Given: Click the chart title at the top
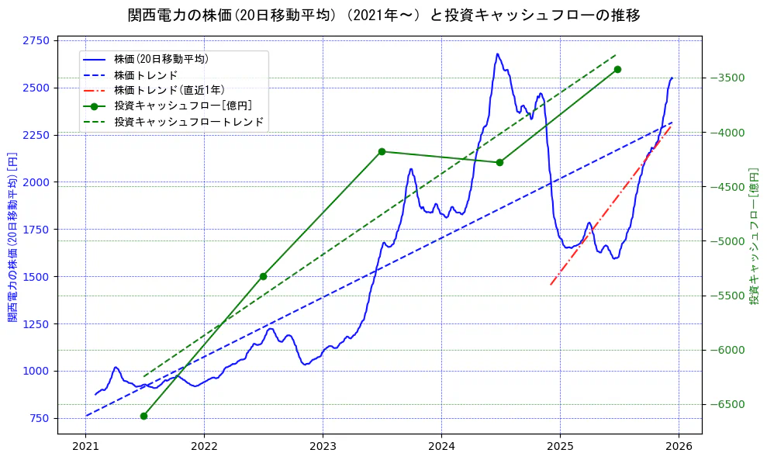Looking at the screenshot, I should click(383, 15).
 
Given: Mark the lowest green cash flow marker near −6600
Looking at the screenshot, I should click(143, 416).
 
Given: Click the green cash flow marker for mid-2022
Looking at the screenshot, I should click(263, 276).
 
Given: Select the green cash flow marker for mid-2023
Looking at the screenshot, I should click(382, 151).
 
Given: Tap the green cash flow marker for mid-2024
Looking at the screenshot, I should click(499, 162).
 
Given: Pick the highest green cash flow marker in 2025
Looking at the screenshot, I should click(617, 69).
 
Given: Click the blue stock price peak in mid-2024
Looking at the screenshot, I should click(497, 54).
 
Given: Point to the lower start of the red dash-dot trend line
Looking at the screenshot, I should click(551, 285).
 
